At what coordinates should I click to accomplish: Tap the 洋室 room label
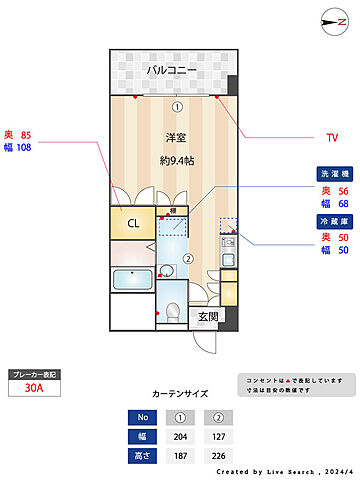coord(177,140)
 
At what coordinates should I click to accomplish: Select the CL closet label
coord(131,223)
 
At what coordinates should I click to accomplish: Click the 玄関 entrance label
coord(207,318)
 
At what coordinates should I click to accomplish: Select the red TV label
coord(332,137)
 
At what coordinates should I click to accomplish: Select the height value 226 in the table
coord(219,455)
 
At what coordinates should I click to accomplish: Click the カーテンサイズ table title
coord(180,394)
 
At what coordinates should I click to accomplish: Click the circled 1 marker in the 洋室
coord(177,106)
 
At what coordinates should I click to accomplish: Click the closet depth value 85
coord(26,134)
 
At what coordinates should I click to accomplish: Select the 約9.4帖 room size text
coord(177,161)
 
